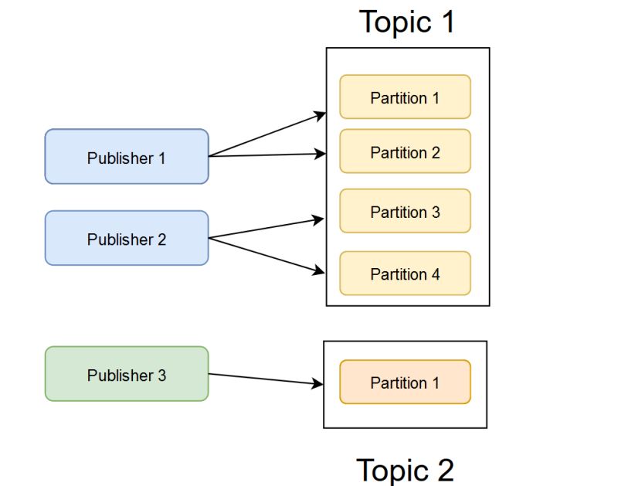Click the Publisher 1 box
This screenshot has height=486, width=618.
click(127, 157)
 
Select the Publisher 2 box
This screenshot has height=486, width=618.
click(127, 239)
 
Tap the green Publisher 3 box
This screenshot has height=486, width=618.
click(127, 375)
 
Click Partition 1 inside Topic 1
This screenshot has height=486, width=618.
click(405, 97)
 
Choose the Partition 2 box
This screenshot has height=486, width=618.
click(405, 151)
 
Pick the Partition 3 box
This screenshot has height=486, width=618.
click(405, 211)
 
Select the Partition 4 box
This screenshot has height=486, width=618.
click(405, 274)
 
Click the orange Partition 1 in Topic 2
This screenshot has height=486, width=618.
click(405, 382)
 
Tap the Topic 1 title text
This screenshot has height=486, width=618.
click(407, 22)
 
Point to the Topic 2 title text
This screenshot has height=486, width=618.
click(405, 469)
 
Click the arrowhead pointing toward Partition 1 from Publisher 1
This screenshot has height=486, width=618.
click(321, 115)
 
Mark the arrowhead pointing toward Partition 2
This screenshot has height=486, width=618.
click(321, 154)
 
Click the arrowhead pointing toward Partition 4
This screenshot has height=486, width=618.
click(319, 270)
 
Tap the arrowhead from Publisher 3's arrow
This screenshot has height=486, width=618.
click(317, 383)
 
